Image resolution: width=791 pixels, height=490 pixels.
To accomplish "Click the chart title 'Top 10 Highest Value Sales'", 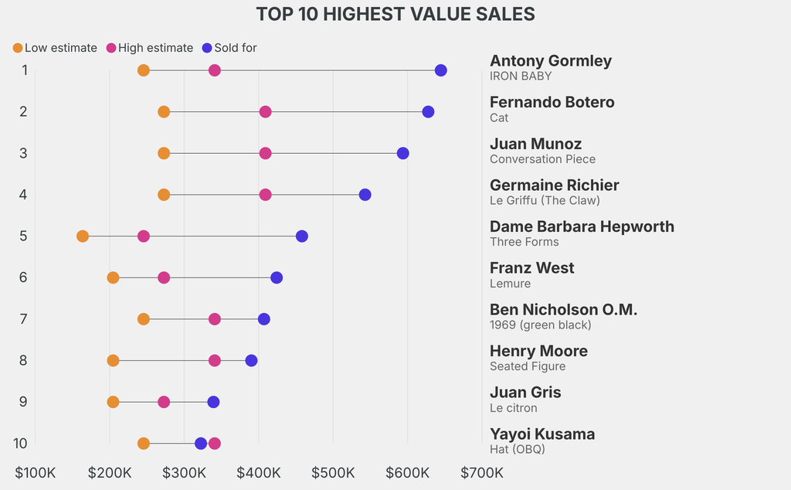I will coord(395,15).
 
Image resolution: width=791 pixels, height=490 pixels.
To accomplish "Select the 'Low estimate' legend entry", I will coord(55,48).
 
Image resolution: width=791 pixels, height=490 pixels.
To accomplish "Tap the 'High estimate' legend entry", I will coord(150,48).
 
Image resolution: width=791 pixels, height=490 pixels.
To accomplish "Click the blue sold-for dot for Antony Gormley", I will coord(441,70).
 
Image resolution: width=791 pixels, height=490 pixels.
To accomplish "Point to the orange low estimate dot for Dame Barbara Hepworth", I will coord(83,236).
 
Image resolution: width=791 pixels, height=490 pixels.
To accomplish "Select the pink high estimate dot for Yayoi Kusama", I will coord(215,444).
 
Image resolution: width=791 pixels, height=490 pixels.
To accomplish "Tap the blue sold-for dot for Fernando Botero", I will coord(428,112).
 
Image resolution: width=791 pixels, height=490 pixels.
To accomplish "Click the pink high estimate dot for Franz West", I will coord(164,277).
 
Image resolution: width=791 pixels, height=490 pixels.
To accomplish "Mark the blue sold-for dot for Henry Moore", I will coord(251,361).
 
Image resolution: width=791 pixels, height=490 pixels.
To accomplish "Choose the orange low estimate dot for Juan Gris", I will coord(114,402).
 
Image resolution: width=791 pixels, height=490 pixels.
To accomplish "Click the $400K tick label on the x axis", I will coord(258,472).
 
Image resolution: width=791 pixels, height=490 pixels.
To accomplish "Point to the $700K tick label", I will coord(482,472).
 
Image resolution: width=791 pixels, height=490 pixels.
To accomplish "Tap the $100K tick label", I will coord(36,472).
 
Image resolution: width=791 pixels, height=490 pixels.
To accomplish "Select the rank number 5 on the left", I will coord(23,236).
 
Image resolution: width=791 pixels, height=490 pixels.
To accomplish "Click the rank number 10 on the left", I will coord(21,444).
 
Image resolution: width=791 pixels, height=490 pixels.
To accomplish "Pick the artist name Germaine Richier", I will coord(554,185).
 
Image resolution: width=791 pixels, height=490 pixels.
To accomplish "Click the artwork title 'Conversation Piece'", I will coord(542,159).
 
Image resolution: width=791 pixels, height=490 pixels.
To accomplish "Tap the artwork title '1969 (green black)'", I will coord(540,325).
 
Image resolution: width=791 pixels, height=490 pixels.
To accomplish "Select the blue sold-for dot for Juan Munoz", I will coord(403,153).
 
